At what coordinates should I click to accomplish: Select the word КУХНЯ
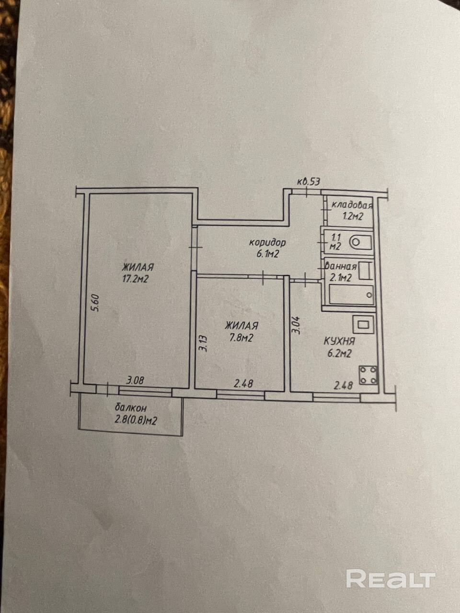pos(339,341)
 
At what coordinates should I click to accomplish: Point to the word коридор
pos(268,242)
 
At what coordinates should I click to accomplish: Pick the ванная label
pos(340,267)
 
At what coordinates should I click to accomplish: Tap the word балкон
pos(131,408)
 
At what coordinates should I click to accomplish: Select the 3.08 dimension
pos(136,381)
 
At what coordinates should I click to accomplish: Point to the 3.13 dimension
pos(203,343)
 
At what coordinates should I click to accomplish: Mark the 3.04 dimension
pos(296,324)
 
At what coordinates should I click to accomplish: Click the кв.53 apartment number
pos(308,182)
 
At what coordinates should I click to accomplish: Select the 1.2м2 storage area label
pos(352,216)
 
